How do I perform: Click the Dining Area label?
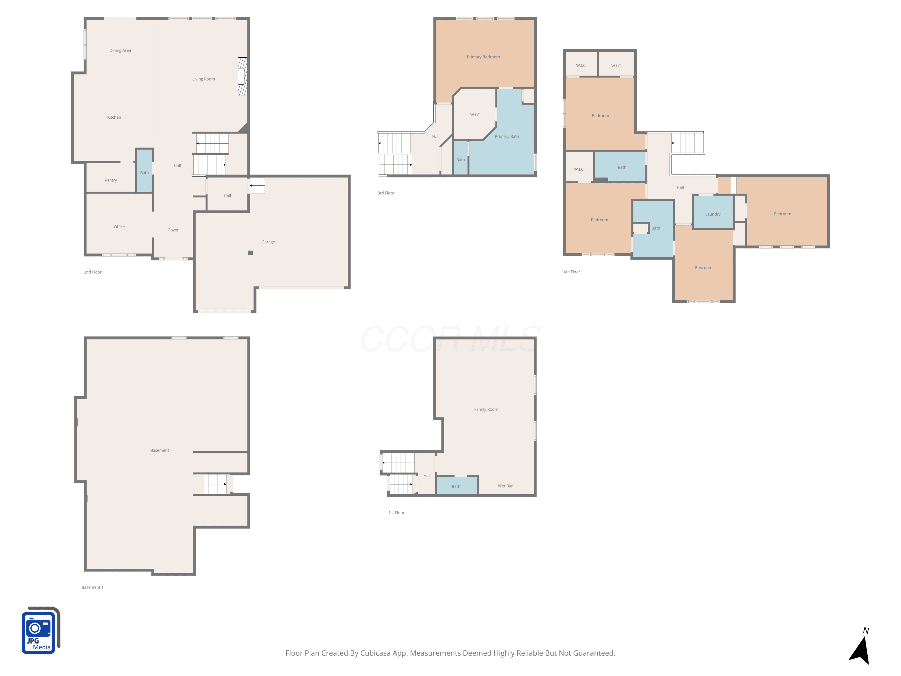(x=120, y=50)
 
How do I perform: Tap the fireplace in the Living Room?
(x=242, y=76)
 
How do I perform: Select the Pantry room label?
(x=111, y=180)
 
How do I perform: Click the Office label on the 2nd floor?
(x=119, y=227)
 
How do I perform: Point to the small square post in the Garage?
(x=250, y=253)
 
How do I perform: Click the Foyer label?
(x=174, y=230)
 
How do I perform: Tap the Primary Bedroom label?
(x=484, y=57)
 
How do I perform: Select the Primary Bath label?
(x=507, y=136)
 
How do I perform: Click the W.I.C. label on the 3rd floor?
(x=475, y=115)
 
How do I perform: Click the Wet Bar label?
(x=505, y=486)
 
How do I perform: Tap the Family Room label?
(x=486, y=410)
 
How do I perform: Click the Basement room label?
(x=160, y=451)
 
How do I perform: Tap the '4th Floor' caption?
(x=572, y=272)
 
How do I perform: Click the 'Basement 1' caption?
(x=93, y=588)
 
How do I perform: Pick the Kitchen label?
(x=114, y=117)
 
